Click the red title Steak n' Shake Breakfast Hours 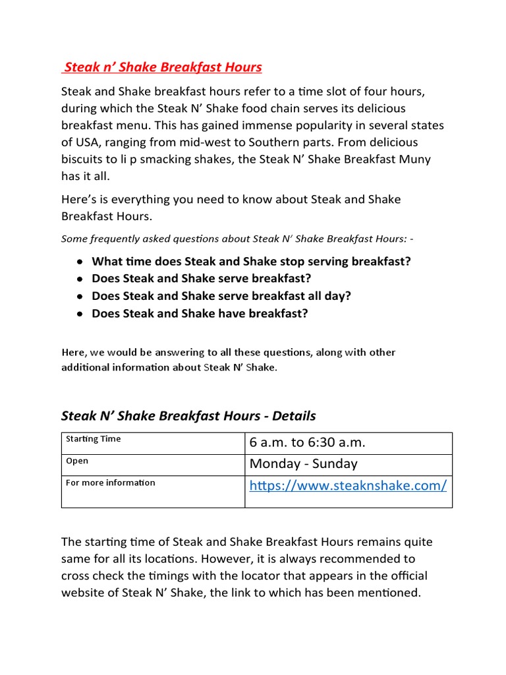[x=162, y=67]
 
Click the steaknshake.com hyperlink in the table [x=348, y=486]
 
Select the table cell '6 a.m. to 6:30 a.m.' [x=307, y=443]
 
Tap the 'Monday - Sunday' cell [x=303, y=464]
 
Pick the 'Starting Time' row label [x=93, y=439]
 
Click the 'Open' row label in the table [x=77, y=461]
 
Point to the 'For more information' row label [x=111, y=483]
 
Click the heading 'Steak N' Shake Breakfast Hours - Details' [x=188, y=416]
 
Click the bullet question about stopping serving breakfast [x=251, y=261]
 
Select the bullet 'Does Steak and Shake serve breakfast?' [x=201, y=278]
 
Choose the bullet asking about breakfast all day [x=221, y=296]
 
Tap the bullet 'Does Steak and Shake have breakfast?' [x=200, y=313]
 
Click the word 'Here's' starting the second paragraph [x=79, y=199]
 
